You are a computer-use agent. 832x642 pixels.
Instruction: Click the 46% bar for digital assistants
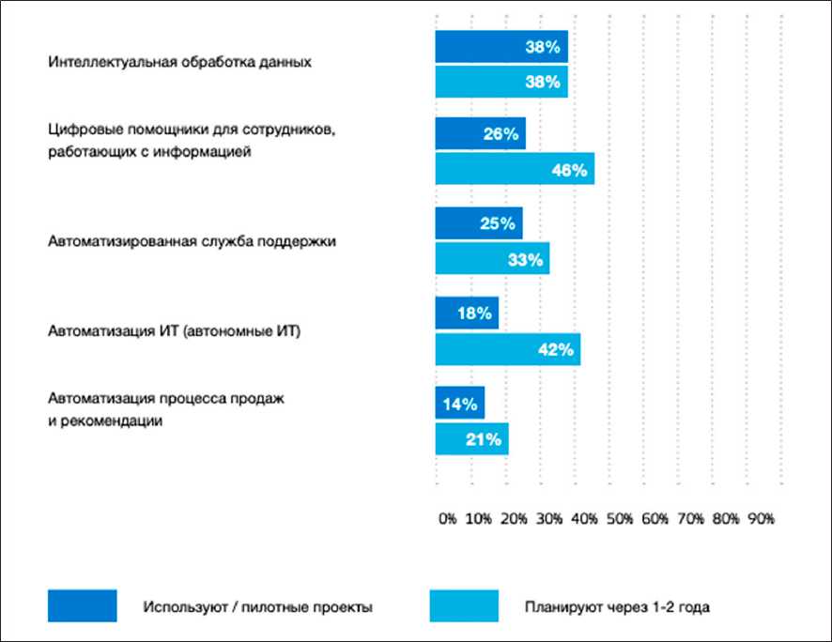point(515,169)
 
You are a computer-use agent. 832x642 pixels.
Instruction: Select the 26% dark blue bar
point(480,133)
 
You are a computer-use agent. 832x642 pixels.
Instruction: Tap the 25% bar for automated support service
point(479,223)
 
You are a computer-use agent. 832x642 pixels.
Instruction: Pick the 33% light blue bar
point(492,259)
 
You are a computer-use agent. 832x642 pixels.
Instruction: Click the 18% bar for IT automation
point(467,313)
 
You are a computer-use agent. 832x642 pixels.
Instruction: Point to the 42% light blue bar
point(508,349)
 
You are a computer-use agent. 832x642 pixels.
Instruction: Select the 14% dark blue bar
point(460,404)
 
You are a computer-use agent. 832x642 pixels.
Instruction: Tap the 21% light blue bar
point(471,439)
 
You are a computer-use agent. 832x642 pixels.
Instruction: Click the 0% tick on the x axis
point(447,519)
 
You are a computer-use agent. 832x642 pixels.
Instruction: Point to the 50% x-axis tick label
point(620,519)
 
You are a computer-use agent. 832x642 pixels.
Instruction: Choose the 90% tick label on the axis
point(760,519)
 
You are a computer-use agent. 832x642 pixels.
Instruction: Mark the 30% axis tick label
point(551,519)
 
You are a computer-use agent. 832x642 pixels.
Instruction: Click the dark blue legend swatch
point(83,605)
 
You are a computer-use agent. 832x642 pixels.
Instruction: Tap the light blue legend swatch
point(464,605)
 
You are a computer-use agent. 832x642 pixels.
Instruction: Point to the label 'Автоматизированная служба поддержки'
point(192,241)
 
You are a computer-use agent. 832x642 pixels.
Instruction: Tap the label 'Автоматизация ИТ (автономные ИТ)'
point(174,331)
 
